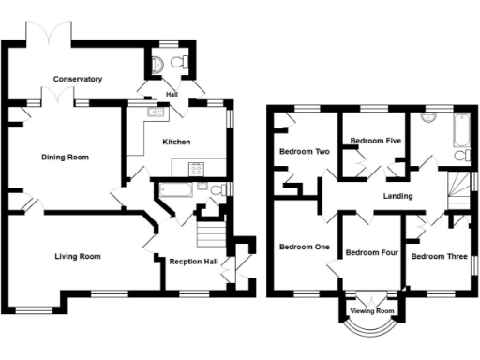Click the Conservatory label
point(77,79)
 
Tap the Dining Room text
point(66,157)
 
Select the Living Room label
point(77,256)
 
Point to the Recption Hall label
point(194,262)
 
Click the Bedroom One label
point(304,247)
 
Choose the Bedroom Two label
point(304,151)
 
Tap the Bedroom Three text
point(439,256)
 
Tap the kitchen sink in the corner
point(156,113)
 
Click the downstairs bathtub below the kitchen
point(175,189)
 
